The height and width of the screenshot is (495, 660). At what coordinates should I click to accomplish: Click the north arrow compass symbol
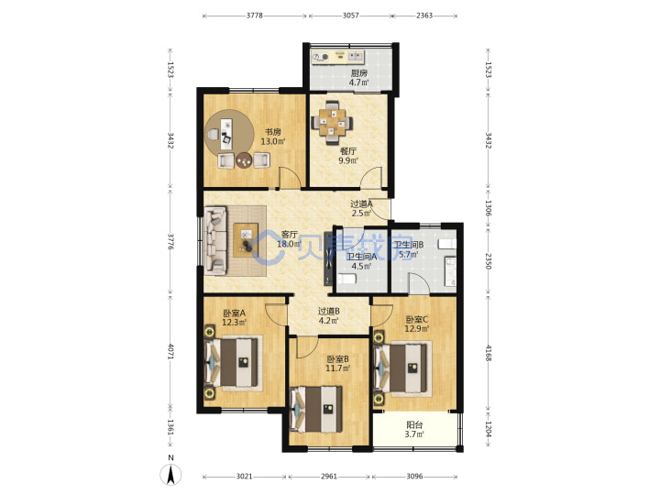170,475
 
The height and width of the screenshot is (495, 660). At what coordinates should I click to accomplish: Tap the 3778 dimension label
254,16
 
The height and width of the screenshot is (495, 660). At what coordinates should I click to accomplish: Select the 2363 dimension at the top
424,16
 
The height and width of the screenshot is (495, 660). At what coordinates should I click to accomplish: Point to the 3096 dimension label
414,477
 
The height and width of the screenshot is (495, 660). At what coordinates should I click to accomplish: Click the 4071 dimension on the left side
170,352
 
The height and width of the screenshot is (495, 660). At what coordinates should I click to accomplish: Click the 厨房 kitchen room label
359,73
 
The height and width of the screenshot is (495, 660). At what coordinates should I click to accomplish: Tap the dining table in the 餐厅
332,122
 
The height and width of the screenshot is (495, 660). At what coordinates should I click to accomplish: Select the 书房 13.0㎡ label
273,137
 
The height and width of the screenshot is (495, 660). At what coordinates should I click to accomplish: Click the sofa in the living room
215,240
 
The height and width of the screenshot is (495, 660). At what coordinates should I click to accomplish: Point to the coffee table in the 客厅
246,240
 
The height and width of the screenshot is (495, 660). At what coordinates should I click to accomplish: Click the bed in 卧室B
316,410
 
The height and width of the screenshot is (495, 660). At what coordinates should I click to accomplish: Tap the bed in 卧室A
232,363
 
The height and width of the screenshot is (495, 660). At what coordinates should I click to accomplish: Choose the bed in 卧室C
401,368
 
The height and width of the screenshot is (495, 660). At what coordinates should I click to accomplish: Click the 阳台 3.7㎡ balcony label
414,430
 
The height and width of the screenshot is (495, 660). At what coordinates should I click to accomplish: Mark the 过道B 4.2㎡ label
329,316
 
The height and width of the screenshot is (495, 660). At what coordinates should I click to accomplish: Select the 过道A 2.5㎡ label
361,208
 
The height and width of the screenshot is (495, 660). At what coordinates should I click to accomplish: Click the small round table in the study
243,160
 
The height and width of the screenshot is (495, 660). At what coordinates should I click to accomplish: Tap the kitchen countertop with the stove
338,57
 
